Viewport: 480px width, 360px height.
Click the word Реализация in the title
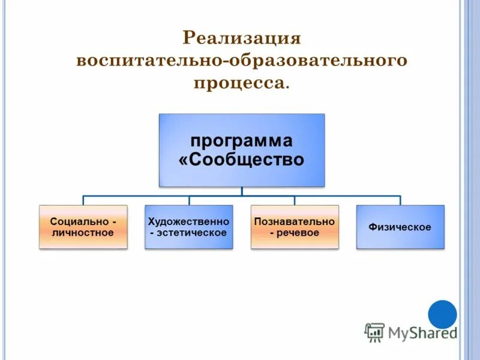tap(241, 38)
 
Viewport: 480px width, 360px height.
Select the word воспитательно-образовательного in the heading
tap(241, 61)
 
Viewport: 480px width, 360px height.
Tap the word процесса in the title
tap(238, 83)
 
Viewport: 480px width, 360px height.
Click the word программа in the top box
tap(241, 141)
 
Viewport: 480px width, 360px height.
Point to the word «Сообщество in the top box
tap(241, 160)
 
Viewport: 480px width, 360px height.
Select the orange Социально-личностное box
tap(83, 227)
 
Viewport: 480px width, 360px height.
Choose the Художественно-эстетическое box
tap(189, 227)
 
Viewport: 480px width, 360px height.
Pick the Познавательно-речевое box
tap(295, 227)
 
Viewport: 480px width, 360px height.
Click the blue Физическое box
tap(400, 227)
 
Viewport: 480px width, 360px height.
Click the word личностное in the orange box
tap(83, 233)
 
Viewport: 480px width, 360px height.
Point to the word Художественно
tap(189, 221)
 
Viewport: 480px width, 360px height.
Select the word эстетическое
tap(193, 233)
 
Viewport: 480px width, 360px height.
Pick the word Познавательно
tap(295, 221)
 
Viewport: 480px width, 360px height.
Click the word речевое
tap(298, 233)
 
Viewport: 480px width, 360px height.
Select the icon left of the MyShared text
tap(374, 332)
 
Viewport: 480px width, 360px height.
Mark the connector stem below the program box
tap(242, 191)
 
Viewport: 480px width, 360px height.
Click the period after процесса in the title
tap(287, 88)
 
